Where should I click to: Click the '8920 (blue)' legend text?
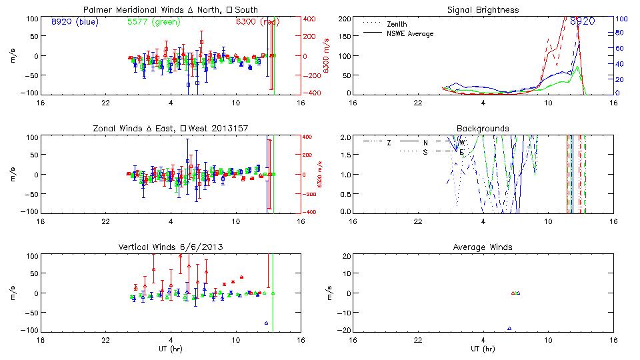coord(75,21)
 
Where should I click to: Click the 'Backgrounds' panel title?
coord(483,128)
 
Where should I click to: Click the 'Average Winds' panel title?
coord(483,247)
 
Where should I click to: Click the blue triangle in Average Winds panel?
coord(509,328)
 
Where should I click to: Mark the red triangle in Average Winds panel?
coord(513,293)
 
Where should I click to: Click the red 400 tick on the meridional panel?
coord(311,19)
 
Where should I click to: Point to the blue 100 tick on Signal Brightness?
coord(619,19)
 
